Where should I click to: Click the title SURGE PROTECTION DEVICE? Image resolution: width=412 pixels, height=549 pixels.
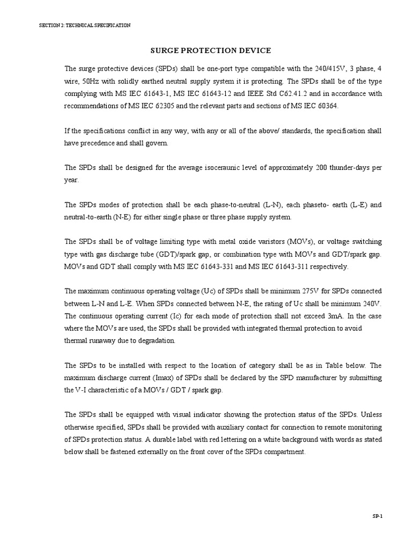tap(210, 50)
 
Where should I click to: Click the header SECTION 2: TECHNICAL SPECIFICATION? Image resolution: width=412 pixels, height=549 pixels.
tap(85, 25)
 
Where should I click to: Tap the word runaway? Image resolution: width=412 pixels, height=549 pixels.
tap(106, 340)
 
